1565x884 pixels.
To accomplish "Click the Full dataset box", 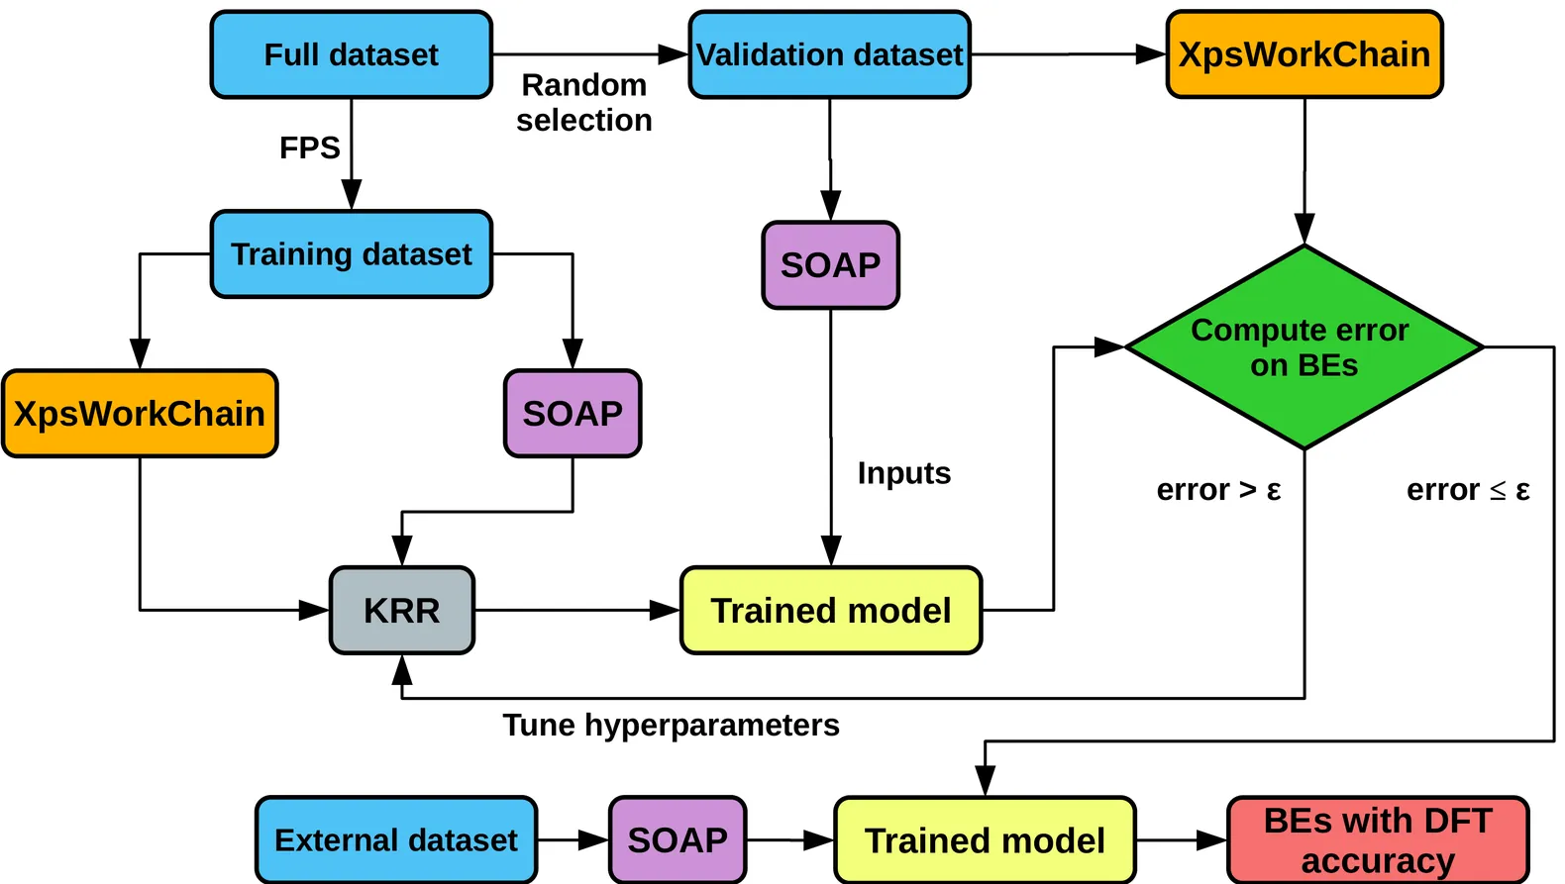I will click(x=352, y=54).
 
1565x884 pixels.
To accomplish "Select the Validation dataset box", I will click(x=829, y=54).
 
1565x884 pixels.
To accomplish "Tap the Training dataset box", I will click(x=352, y=254).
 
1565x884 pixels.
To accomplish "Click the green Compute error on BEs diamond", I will click(x=1304, y=347).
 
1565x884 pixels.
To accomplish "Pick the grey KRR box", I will click(x=402, y=611).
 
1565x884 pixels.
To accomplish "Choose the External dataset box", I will click(x=396, y=840).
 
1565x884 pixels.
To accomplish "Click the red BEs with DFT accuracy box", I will click(x=1378, y=840).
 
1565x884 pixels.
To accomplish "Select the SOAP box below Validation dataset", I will click(x=830, y=265).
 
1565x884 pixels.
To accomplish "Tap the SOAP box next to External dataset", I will click(x=678, y=840).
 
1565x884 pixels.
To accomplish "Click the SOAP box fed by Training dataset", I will click(x=573, y=414).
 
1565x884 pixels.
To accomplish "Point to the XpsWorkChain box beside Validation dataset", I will click(x=1304, y=54).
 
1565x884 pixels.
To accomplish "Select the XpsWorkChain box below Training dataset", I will click(x=140, y=414).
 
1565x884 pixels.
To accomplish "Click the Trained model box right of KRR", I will click(x=830, y=611).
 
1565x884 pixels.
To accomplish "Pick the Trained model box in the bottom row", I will click(x=985, y=840).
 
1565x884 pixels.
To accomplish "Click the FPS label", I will click(x=309, y=148).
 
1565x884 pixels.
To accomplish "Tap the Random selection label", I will click(x=584, y=103).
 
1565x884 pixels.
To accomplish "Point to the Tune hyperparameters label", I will click(x=671, y=726).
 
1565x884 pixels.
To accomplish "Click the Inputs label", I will click(x=903, y=473).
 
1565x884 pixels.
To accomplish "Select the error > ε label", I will click(x=1218, y=490).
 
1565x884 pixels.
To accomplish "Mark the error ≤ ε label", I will click(x=1468, y=490).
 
